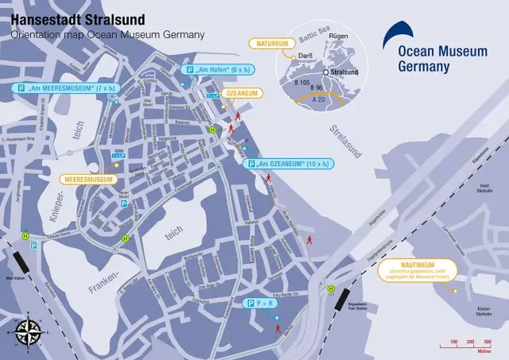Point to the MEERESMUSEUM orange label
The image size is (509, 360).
[87, 180]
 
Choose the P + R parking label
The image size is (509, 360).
[261, 304]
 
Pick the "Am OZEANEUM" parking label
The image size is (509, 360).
[288, 164]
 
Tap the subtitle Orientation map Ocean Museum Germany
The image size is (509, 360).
[107, 35]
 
